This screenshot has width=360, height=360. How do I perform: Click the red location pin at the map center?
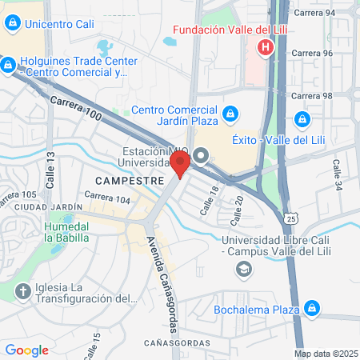(180, 165)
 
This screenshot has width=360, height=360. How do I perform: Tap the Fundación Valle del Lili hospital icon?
(266, 49)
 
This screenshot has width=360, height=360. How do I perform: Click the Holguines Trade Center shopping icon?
(7, 64)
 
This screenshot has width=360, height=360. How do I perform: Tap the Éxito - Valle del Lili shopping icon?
(302, 120)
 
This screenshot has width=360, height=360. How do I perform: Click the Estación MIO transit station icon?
(201, 154)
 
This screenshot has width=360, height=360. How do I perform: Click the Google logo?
(26, 350)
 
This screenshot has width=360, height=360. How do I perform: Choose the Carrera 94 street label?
(314, 14)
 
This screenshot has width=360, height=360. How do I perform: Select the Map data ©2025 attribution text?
(326, 354)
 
